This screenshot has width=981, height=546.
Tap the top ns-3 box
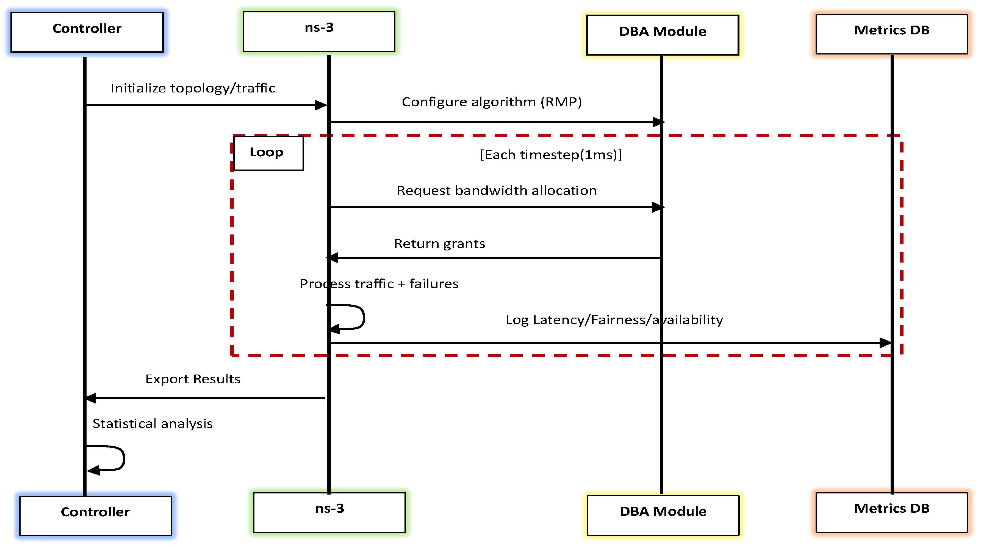[319, 31]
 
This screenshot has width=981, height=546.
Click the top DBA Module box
[662, 35]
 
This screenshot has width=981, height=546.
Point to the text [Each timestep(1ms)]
[551, 155]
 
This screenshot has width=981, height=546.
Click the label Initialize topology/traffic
[193, 88]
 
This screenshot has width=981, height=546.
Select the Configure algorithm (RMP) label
[492, 102]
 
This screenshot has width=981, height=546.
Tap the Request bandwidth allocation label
[497, 190]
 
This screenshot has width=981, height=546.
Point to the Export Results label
[193, 379]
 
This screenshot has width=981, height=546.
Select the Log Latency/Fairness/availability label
[614, 320]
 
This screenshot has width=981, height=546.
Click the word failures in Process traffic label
[434, 284]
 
